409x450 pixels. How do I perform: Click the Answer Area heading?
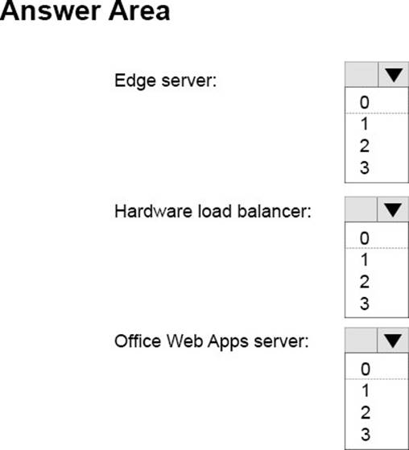(85, 11)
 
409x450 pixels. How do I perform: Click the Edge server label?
(165, 81)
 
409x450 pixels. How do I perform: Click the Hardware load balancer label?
(213, 211)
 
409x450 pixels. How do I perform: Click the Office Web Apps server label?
(212, 341)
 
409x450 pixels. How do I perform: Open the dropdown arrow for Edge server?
(394, 74)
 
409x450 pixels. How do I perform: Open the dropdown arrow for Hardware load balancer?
(393, 209)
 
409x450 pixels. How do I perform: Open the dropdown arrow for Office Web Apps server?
(393, 341)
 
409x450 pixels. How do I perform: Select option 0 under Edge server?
(365, 102)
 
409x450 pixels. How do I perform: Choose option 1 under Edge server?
(365, 124)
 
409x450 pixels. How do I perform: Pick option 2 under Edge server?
(365, 146)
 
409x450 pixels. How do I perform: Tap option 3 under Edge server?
(365, 167)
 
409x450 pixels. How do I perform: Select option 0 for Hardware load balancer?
(365, 238)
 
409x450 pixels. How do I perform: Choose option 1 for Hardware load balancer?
(365, 260)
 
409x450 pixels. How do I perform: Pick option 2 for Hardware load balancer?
(365, 282)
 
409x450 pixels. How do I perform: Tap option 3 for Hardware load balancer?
(365, 303)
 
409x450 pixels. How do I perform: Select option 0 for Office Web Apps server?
(366, 369)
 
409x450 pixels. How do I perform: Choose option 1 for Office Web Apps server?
(366, 390)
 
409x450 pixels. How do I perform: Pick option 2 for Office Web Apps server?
(366, 412)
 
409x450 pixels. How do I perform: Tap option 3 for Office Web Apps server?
(366, 434)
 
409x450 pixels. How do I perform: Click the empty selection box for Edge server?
(361, 74)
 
